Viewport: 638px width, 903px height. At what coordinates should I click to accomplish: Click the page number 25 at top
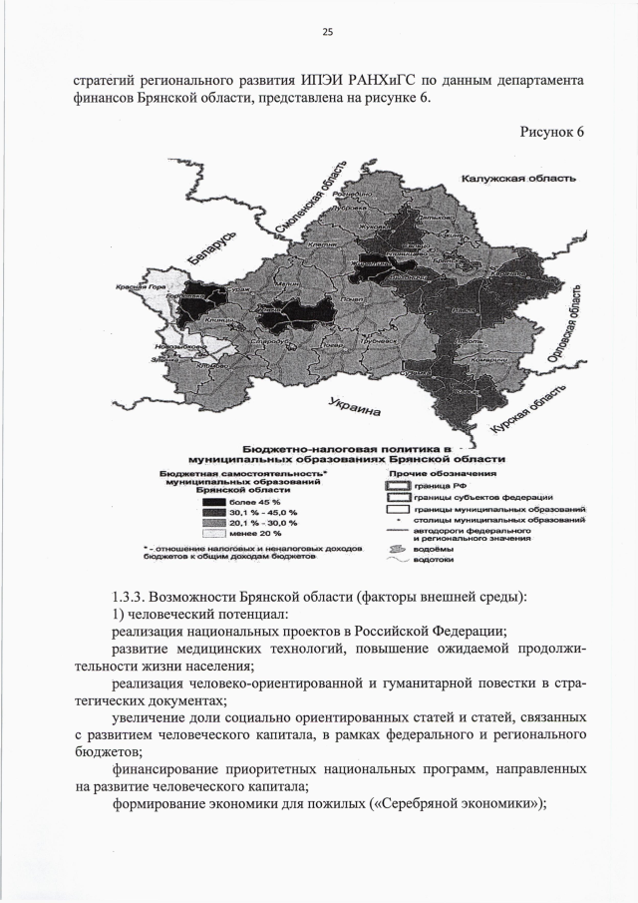(x=327, y=32)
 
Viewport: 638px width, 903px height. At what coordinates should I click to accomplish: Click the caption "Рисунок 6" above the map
(x=552, y=133)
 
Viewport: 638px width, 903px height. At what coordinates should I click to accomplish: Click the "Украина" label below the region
(x=355, y=408)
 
